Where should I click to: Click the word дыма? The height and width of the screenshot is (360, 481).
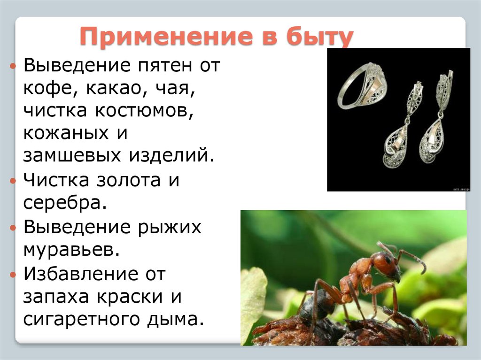coord(181,319)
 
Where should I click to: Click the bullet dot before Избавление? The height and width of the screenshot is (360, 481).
coord(13,274)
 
